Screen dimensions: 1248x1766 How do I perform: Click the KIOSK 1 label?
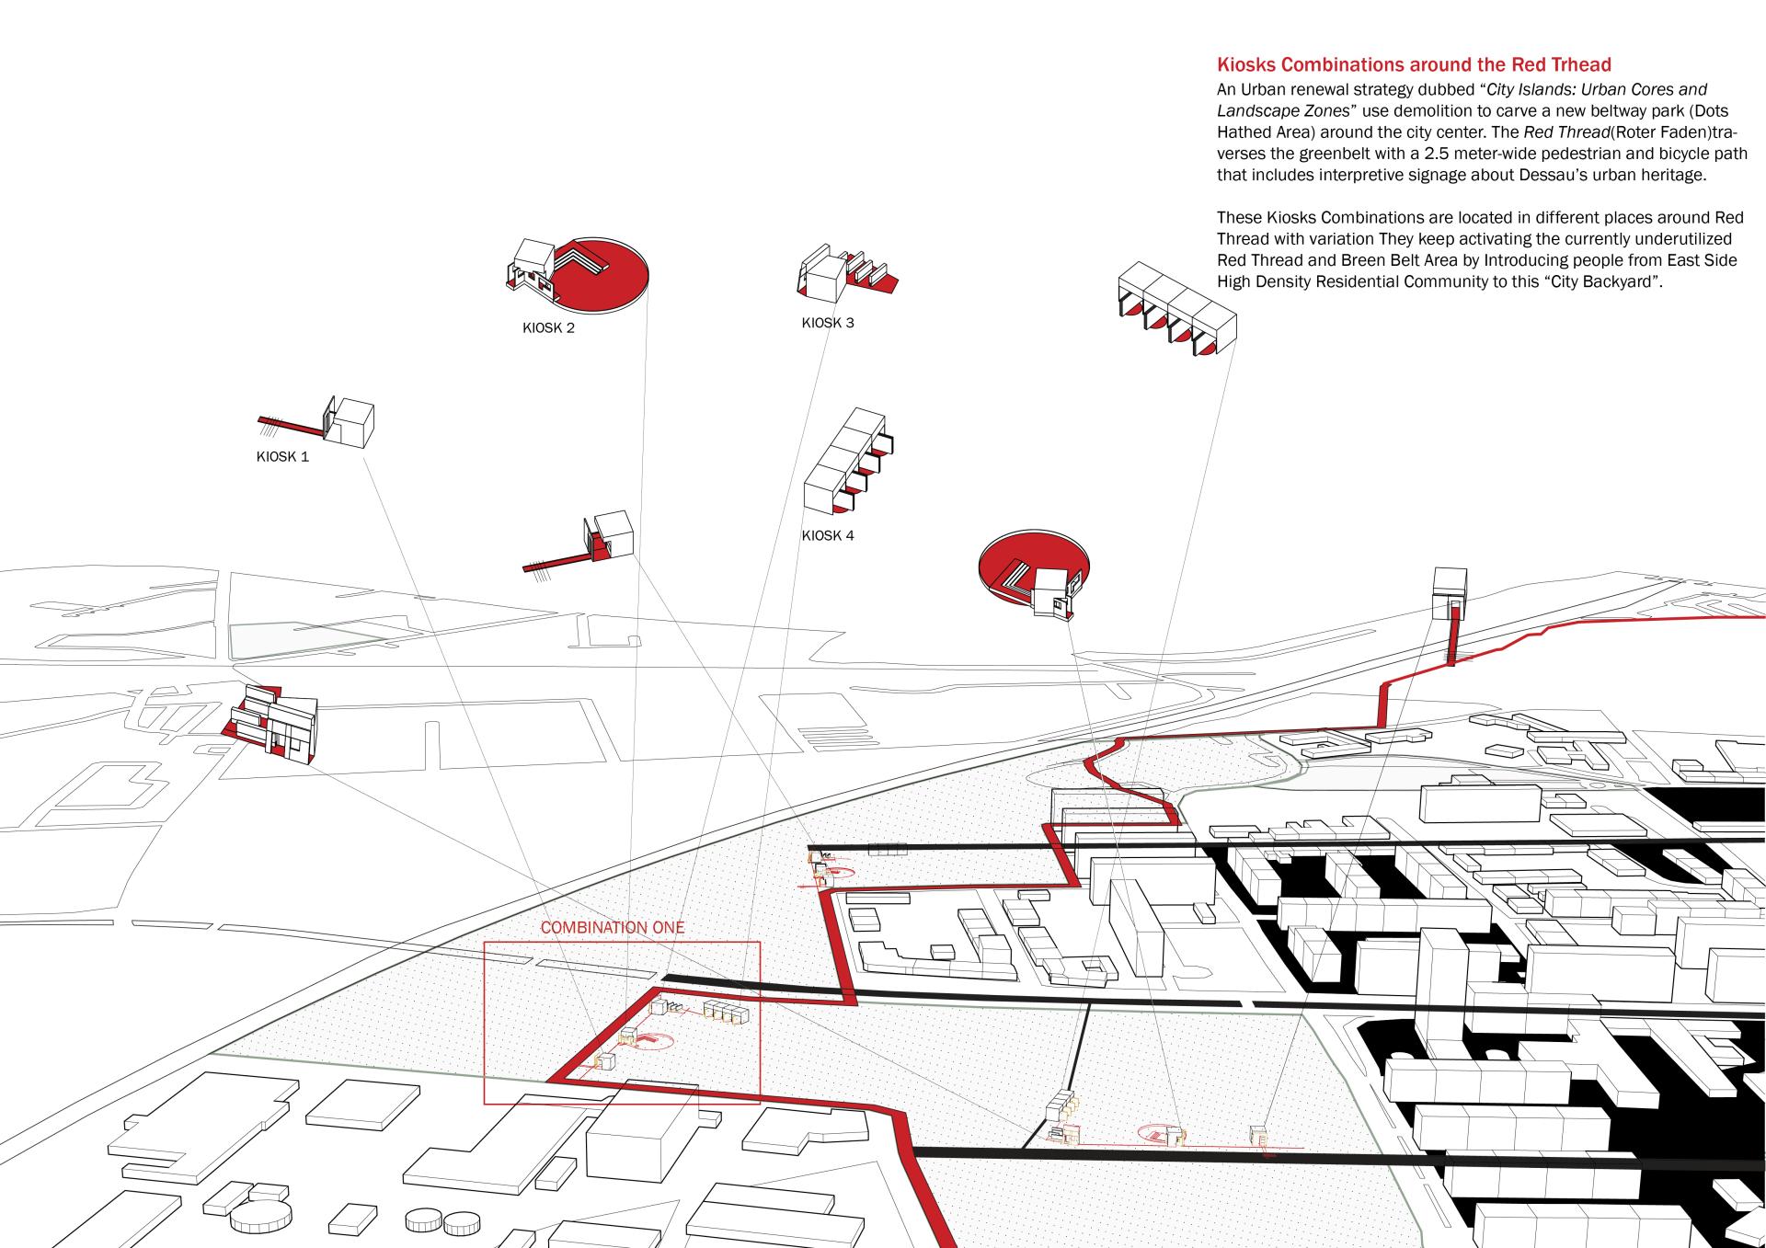(x=282, y=456)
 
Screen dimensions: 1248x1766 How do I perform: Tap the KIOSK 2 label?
(x=548, y=328)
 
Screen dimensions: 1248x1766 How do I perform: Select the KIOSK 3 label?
(x=828, y=323)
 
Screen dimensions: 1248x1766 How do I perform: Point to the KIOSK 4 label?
(x=828, y=535)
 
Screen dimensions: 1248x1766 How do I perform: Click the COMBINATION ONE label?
(x=613, y=927)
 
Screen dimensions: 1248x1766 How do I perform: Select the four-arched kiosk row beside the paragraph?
(x=1176, y=310)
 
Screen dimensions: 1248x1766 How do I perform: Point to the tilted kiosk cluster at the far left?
(x=273, y=721)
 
